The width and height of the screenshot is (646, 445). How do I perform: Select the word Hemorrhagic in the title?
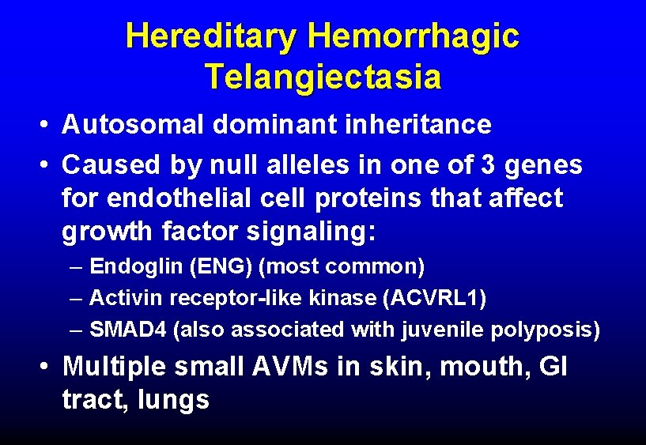(x=414, y=36)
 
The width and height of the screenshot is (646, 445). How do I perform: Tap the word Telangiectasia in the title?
(x=323, y=77)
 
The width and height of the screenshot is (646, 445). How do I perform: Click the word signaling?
(x=311, y=233)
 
